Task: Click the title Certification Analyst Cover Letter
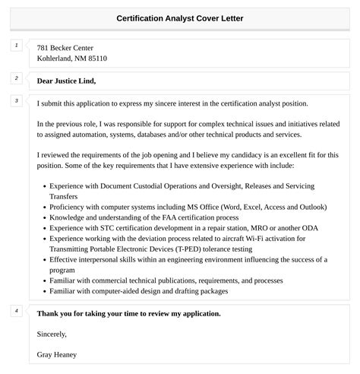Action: coord(180,17)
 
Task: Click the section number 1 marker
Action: coord(17,46)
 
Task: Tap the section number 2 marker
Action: coord(17,78)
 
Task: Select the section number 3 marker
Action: coord(17,100)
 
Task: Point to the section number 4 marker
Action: coord(17,311)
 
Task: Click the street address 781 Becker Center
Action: coord(65,48)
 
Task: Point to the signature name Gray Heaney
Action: coord(56,354)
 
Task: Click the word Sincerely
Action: coord(52,334)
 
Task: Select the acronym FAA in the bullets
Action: coord(172,217)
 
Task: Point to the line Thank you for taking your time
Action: coord(128,313)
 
